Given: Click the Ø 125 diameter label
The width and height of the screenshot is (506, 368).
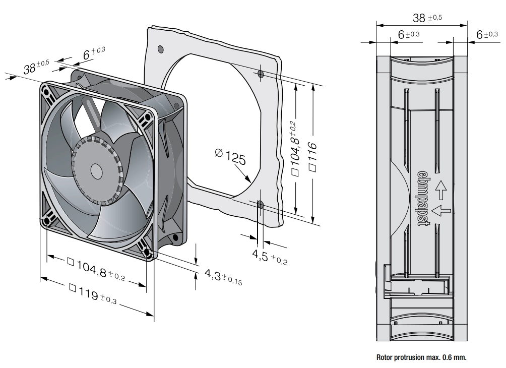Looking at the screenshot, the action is click(230, 157).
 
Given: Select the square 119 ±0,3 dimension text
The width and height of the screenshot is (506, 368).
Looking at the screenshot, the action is click(93, 294).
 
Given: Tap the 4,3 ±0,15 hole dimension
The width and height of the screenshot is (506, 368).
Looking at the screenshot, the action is click(223, 277).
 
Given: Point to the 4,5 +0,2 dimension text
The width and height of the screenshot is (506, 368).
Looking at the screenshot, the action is click(270, 257).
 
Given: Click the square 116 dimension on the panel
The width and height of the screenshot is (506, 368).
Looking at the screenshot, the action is click(312, 157).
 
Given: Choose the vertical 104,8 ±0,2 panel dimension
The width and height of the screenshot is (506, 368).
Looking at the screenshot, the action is click(295, 148).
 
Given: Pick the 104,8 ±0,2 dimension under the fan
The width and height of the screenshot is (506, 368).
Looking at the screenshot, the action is click(96, 269).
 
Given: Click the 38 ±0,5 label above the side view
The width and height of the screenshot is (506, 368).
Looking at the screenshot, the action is click(427, 18).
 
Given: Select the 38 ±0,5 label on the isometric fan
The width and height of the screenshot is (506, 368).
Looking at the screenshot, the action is click(36, 66).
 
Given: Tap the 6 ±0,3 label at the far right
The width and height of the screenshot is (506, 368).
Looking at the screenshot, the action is click(487, 34).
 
